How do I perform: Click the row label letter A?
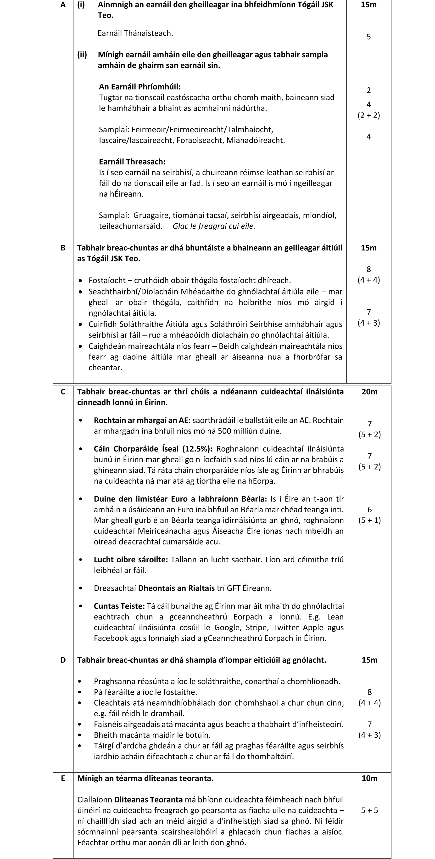coord(63,5)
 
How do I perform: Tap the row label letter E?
coord(63,778)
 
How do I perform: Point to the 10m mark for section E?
coord(369,778)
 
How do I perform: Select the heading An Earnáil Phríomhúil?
coord(140,87)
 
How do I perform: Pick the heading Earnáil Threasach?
coord(132,162)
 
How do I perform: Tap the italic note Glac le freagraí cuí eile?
coord(214,226)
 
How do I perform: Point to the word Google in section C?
coord(228,627)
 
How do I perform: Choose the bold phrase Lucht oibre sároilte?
coord(131,559)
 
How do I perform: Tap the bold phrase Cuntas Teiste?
coord(119,606)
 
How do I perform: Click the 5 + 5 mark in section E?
coord(369,810)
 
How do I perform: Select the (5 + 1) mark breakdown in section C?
coord(369,520)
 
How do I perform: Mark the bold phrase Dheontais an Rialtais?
coord(176,588)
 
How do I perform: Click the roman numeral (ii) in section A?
coord(82,55)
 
